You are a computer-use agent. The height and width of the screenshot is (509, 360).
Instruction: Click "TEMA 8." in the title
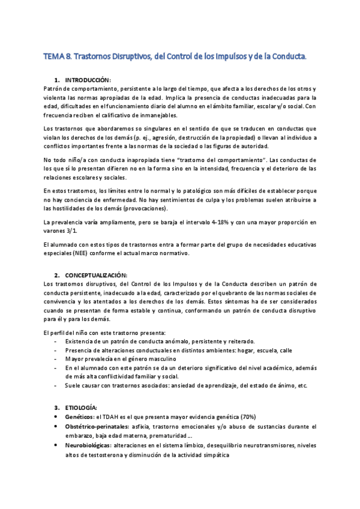click(58, 57)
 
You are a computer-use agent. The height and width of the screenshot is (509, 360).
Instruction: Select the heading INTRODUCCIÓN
click(88, 80)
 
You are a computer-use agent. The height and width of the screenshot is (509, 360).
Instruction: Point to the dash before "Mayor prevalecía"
click(56, 358)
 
